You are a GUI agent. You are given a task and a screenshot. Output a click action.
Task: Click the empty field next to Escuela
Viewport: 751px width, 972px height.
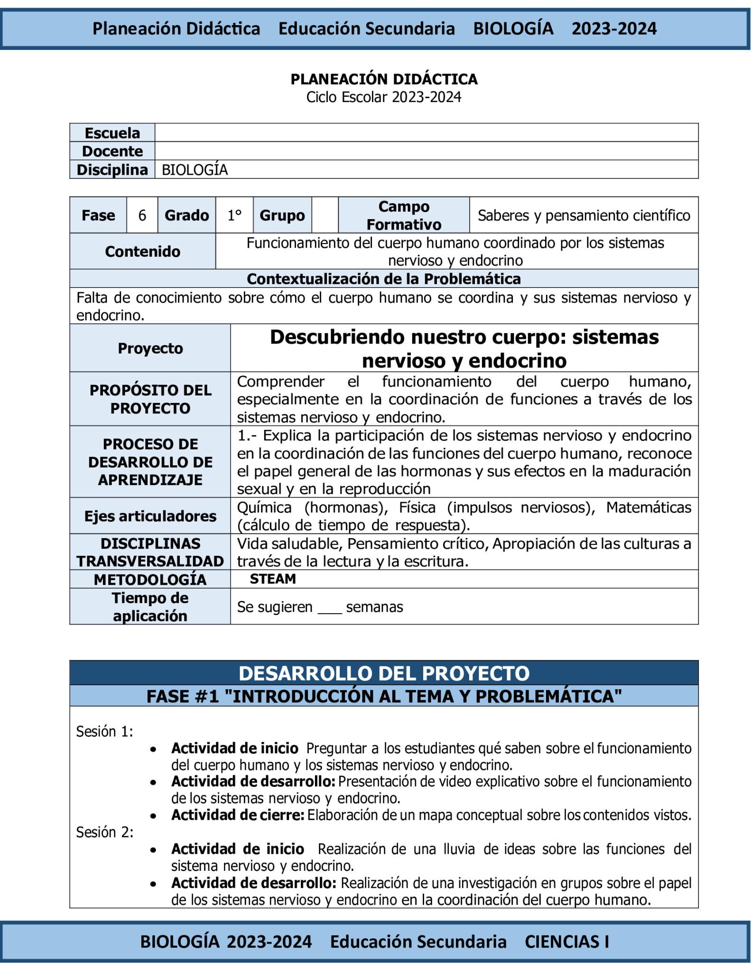coord(426,132)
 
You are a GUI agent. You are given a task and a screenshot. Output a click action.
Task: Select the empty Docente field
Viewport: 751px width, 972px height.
coord(426,151)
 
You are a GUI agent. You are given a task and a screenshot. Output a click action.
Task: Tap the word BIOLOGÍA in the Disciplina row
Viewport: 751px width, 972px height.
coord(195,169)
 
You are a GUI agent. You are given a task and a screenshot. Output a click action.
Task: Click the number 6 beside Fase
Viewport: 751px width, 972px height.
coord(142,215)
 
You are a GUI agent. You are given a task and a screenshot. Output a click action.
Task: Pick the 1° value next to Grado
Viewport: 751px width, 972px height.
coord(234,215)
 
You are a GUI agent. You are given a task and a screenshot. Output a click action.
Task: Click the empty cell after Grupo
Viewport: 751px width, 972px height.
coord(325,215)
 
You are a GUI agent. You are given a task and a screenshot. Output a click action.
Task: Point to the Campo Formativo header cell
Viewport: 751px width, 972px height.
coord(404,215)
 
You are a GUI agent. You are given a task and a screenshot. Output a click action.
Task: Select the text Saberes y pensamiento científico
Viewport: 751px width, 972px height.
coord(584,215)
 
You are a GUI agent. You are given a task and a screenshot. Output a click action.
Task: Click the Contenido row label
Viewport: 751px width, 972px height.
coord(142,252)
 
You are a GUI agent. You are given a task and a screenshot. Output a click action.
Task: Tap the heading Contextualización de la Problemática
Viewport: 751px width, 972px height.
coord(384,279)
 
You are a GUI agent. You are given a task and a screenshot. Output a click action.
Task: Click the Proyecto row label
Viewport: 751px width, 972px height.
coord(150,348)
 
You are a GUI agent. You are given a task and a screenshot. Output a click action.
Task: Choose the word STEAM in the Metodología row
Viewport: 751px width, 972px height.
coord(273,579)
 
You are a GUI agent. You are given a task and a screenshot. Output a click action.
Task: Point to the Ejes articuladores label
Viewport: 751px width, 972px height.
coord(150,516)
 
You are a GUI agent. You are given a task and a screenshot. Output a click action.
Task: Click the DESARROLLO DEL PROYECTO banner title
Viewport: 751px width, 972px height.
coord(384,673)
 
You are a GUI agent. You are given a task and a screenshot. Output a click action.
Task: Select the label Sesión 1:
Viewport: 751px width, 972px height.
coord(104,731)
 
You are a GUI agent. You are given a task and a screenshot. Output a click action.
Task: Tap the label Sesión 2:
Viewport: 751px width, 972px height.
coord(104,832)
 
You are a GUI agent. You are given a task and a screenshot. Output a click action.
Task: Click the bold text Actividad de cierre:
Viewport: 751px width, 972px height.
coord(237,815)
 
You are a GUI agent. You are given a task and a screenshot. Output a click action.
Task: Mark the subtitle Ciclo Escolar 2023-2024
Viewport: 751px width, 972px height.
coord(383,97)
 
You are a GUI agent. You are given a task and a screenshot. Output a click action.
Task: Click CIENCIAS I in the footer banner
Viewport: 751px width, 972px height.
coord(566,942)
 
